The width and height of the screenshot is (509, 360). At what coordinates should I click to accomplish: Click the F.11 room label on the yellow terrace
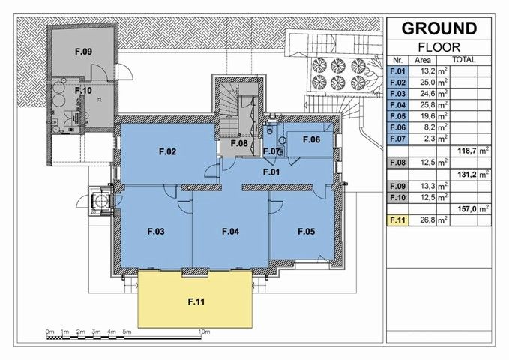tap(196, 301)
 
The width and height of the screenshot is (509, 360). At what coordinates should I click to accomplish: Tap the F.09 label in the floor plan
tap(83, 51)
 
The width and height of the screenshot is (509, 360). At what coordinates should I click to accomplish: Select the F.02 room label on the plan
tap(167, 151)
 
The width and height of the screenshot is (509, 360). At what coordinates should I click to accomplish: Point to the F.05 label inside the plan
tap(306, 231)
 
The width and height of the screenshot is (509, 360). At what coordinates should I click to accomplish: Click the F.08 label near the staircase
tap(239, 143)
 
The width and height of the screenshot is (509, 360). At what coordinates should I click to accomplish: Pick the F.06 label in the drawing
tap(311, 139)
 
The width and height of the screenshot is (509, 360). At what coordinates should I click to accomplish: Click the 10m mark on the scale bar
tap(204, 331)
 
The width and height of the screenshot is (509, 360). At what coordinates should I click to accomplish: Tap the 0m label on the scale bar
tap(49, 331)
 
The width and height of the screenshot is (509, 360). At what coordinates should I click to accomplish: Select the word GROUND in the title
tap(439, 28)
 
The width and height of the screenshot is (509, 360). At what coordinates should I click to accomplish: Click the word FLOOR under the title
tap(439, 47)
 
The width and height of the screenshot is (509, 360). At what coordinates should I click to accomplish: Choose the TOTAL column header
tap(464, 60)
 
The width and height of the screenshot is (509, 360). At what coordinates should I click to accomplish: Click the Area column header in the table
tap(423, 61)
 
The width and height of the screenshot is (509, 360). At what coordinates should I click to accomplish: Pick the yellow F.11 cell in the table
tap(397, 220)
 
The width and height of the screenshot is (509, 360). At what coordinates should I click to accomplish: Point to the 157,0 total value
tap(467, 209)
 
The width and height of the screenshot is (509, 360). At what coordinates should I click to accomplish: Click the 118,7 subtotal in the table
tap(467, 151)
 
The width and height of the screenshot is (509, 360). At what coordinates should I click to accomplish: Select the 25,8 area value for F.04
tap(428, 105)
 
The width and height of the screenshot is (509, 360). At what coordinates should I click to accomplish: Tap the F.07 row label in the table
tap(397, 139)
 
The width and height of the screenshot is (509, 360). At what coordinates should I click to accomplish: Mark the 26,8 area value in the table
tap(428, 220)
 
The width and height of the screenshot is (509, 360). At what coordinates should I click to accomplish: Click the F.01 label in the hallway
tap(271, 172)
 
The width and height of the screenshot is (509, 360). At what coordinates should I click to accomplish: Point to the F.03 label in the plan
tap(156, 231)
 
